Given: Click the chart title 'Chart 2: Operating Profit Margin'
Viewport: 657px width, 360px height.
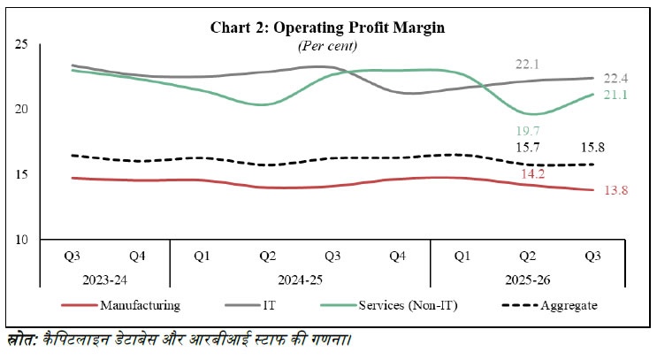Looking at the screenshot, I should click(x=328, y=27).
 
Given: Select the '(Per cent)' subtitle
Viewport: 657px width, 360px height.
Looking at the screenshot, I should click(x=328, y=44).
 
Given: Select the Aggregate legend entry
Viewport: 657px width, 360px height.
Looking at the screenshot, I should click(x=562, y=305).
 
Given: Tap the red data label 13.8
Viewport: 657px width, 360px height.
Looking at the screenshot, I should click(x=614, y=191).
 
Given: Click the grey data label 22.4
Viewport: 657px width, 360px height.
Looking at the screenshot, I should click(x=614, y=78).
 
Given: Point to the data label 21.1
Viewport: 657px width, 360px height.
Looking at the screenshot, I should click(x=614, y=95).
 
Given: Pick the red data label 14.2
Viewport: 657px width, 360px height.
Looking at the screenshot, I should click(x=531, y=174).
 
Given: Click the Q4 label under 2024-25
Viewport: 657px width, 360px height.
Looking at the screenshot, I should click(x=398, y=257).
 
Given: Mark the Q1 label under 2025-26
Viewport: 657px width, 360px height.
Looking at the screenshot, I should click(x=462, y=257).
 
